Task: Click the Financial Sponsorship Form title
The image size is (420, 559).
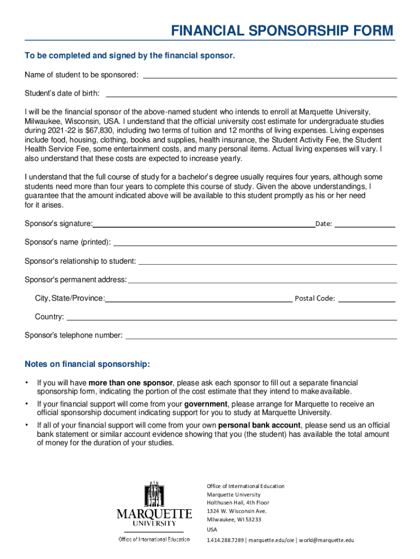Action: (x=282, y=31)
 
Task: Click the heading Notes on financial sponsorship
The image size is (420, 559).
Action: (x=87, y=364)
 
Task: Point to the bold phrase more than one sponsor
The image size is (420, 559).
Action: (x=131, y=383)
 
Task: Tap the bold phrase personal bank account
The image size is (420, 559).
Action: (x=259, y=425)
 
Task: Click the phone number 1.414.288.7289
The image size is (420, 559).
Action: (x=225, y=540)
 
